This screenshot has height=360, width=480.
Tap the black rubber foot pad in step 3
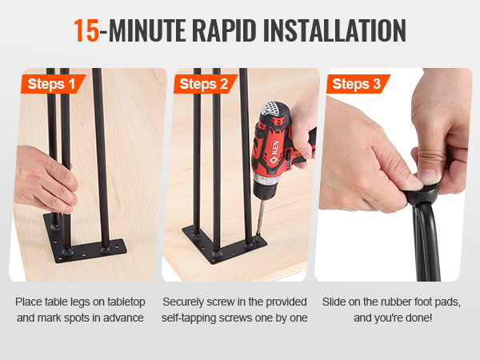pyautogui.click(x=421, y=196)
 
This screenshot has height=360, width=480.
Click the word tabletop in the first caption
pyautogui.click(x=126, y=302)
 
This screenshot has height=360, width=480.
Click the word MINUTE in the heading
pyautogui.click(x=146, y=31)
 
